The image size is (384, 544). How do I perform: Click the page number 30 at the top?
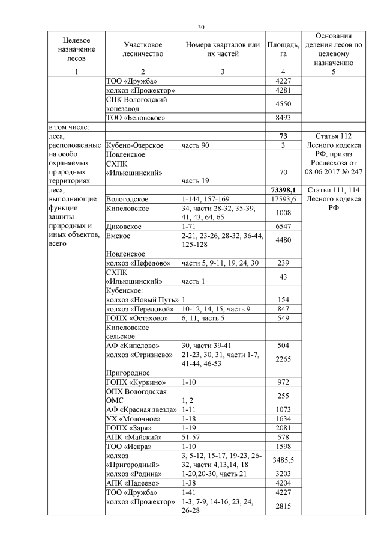201,26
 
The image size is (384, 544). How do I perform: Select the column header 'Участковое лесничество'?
143,49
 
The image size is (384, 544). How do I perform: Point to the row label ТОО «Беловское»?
136,118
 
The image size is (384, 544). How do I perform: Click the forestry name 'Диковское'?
124,227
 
